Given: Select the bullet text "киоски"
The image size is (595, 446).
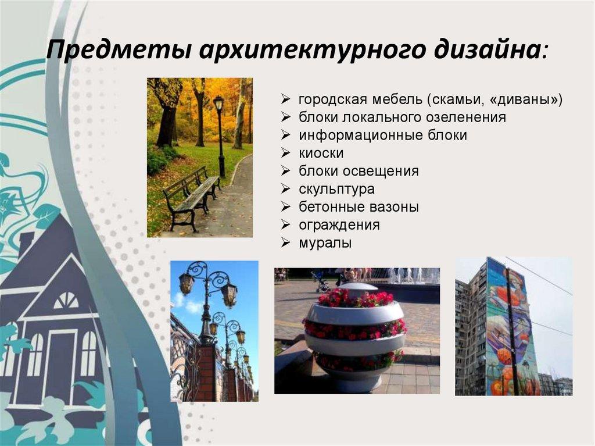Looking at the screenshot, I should (x=321, y=154).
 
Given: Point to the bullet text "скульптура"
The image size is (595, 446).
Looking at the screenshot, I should (x=337, y=189).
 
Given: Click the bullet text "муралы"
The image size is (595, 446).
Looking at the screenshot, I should (x=325, y=243).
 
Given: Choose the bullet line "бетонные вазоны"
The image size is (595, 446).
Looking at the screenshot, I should (x=359, y=207).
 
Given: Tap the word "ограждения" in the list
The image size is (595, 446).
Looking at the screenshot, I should (x=339, y=225).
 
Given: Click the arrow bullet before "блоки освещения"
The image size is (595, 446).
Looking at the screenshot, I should (x=285, y=172).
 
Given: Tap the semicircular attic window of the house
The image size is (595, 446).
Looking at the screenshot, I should (x=66, y=301).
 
